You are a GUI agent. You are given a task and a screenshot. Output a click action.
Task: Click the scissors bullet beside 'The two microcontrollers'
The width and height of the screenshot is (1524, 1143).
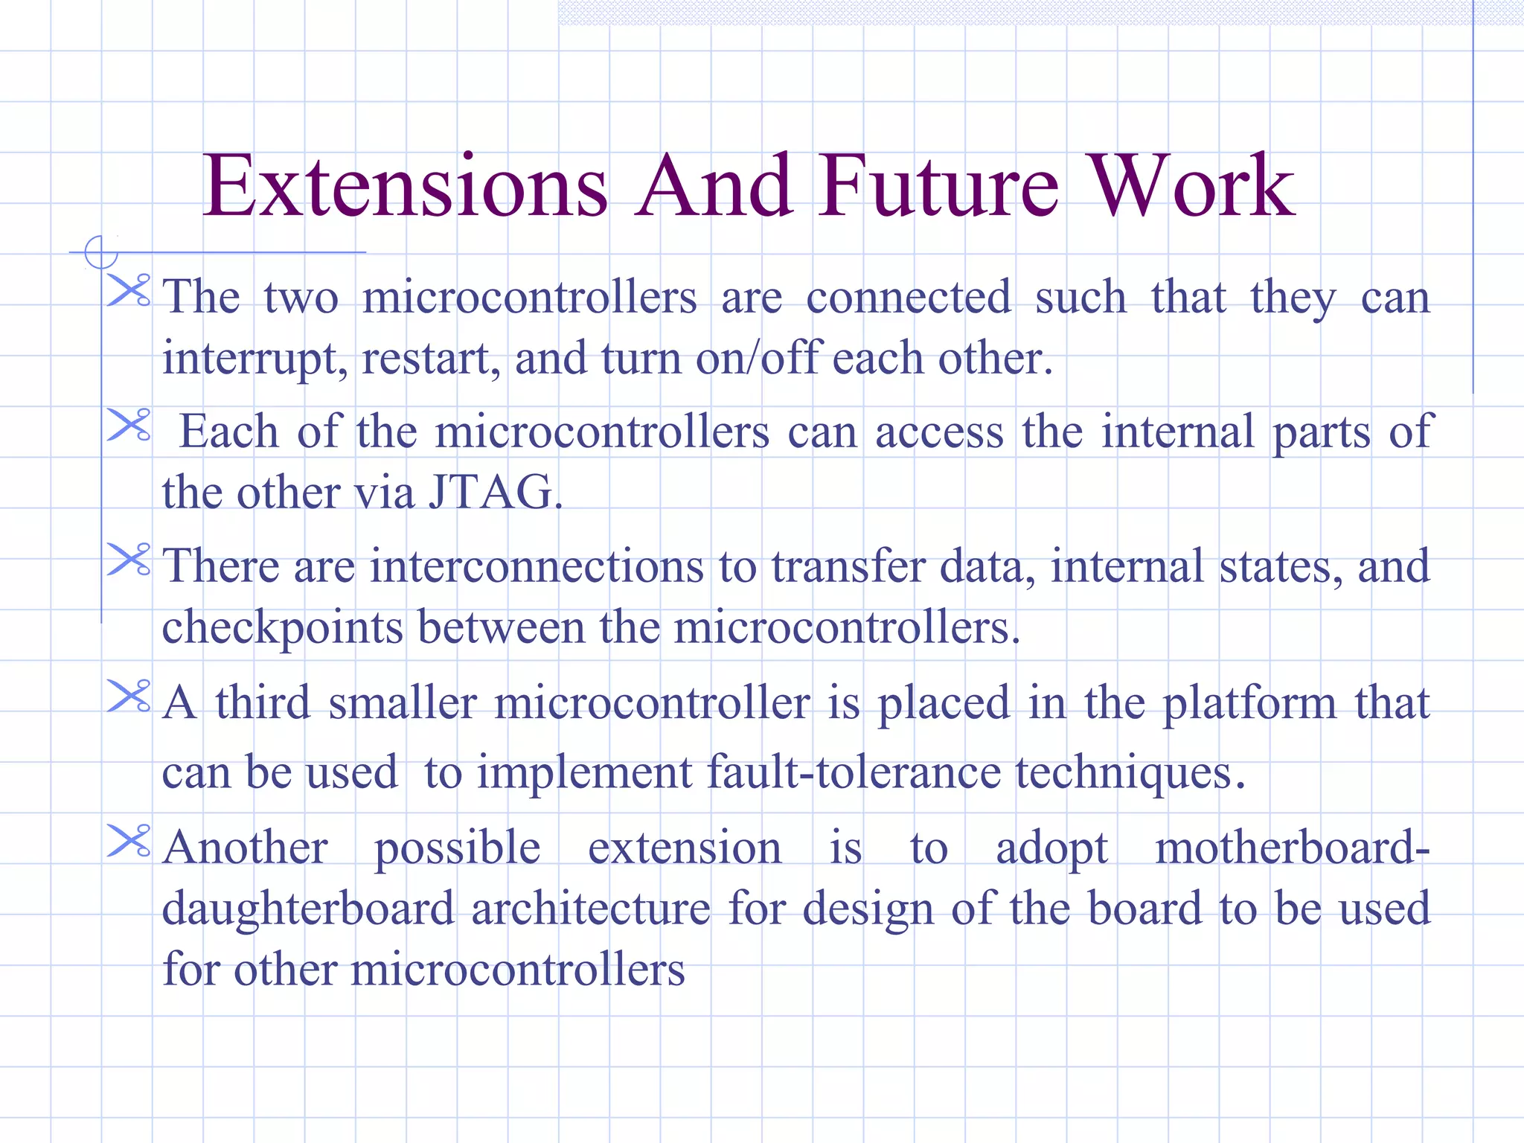point(129,290)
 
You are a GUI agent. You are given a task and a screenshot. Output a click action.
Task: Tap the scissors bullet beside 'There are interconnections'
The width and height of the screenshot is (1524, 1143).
point(129,560)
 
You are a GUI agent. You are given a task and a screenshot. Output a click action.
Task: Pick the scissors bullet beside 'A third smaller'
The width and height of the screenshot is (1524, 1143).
point(129,696)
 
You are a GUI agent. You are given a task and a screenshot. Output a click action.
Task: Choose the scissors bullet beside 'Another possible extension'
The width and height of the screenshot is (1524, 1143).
point(129,841)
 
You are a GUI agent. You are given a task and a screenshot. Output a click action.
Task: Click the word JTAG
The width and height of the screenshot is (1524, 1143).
point(494,493)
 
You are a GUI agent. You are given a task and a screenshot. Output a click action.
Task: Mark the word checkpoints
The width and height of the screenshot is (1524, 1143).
point(283,628)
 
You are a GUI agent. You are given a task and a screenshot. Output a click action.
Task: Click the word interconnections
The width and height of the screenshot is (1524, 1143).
point(537,566)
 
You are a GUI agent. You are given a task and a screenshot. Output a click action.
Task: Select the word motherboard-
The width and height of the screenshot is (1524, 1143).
point(1292,848)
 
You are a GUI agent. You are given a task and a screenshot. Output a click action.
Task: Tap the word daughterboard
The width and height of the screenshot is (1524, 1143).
point(308,909)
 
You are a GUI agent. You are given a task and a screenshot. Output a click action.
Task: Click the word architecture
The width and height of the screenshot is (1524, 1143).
point(591,909)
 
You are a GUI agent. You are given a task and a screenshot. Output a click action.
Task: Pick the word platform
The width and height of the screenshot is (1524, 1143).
point(1249,704)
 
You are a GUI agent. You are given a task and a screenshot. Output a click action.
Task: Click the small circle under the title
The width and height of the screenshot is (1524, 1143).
point(100,252)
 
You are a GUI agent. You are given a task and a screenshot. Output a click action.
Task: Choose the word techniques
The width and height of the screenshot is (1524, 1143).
point(1129,772)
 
